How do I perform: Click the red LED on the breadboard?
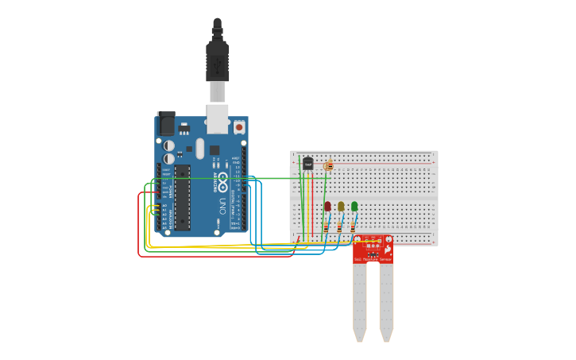(327, 207)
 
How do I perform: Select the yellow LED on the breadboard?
(341, 207)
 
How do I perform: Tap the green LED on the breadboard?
(354, 207)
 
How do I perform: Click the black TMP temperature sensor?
(307, 164)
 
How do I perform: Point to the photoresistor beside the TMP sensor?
(329, 166)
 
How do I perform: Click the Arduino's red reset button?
(239, 126)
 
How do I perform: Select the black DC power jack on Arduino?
(166, 123)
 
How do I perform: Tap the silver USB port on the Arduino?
(217, 118)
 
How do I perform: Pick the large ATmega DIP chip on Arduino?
(182, 198)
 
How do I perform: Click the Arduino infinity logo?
(222, 178)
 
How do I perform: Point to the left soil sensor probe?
(360, 302)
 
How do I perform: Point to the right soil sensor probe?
(386, 302)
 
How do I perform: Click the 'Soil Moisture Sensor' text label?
(373, 260)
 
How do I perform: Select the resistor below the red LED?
(326, 226)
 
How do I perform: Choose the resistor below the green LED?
(353, 226)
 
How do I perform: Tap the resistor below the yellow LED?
(339, 226)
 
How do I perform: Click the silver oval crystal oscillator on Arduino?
(199, 149)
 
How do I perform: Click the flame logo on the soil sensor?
(387, 249)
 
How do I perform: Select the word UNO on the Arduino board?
(222, 206)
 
